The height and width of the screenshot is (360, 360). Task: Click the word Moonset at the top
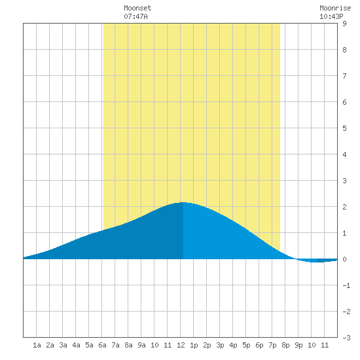coord(137,8)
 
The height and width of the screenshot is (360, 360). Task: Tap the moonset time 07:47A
coord(135,16)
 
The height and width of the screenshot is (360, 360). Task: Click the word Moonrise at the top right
coord(335,8)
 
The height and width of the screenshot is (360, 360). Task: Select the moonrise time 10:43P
coord(331,16)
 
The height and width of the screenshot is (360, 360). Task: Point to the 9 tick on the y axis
coord(344,24)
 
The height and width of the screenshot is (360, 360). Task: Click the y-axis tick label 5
coord(344,128)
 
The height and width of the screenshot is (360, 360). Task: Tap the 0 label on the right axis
coord(344,259)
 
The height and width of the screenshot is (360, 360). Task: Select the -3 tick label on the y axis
coord(346,338)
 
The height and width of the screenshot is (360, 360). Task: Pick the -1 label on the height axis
coord(346,285)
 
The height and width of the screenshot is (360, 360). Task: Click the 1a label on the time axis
coord(37,345)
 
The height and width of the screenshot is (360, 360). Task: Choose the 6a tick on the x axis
coord(102,345)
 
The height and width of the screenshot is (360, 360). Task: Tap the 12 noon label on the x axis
coord(181,345)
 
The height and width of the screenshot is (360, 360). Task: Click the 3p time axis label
coord(220,345)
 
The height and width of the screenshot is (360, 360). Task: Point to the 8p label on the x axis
coord(285,345)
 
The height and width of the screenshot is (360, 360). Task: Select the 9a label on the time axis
coord(141,345)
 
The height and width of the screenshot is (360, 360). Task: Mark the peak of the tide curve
coord(183,202)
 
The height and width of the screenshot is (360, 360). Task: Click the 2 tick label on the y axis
coord(344,207)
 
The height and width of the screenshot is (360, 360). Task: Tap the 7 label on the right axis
coord(344,76)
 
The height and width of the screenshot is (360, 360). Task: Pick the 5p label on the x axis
coord(246,345)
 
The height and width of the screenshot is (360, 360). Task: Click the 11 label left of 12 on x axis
coord(168,345)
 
